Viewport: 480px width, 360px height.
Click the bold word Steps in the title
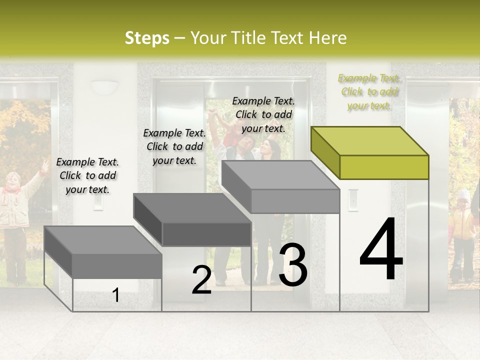click(147, 38)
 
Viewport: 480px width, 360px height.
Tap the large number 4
click(381, 250)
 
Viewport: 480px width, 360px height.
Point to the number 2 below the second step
click(201, 280)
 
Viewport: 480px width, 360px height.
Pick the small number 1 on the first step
click(116, 295)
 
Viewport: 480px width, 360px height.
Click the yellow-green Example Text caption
click(369, 91)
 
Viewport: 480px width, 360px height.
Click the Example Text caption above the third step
click(263, 114)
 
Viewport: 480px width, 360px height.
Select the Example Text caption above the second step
click(174, 146)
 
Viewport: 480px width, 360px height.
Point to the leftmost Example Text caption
click(87, 175)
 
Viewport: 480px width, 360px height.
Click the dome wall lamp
click(104, 87)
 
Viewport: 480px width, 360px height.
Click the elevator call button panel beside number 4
click(353, 199)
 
